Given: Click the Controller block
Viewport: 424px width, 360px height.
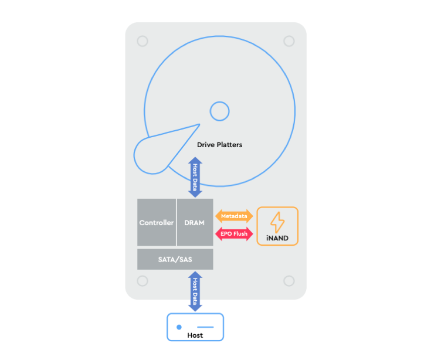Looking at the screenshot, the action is click(157, 222).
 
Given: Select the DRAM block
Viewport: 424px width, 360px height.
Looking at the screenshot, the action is click(195, 222).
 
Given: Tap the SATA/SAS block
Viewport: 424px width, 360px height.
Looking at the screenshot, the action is click(175, 259).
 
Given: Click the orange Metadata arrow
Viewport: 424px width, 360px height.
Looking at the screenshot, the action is click(234, 216).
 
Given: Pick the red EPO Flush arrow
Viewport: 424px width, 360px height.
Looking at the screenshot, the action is click(234, 234).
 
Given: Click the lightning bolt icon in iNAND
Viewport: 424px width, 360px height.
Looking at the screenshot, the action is click(277, 222).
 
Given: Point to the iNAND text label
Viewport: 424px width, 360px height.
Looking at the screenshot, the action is click(277, 238).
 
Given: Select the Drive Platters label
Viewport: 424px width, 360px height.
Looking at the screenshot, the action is click(219, 145).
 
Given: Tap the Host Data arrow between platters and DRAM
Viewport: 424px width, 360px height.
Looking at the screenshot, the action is click(195, 177).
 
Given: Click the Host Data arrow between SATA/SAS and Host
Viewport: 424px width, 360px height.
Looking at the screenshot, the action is click(195, 291).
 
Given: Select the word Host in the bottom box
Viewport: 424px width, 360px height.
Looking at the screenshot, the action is click(195, 335).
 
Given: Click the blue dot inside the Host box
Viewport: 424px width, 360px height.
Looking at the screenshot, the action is click(179, 327).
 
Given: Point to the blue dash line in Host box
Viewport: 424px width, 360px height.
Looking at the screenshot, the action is click(205, 327).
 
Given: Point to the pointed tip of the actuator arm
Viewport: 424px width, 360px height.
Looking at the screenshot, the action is click(199, 124).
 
